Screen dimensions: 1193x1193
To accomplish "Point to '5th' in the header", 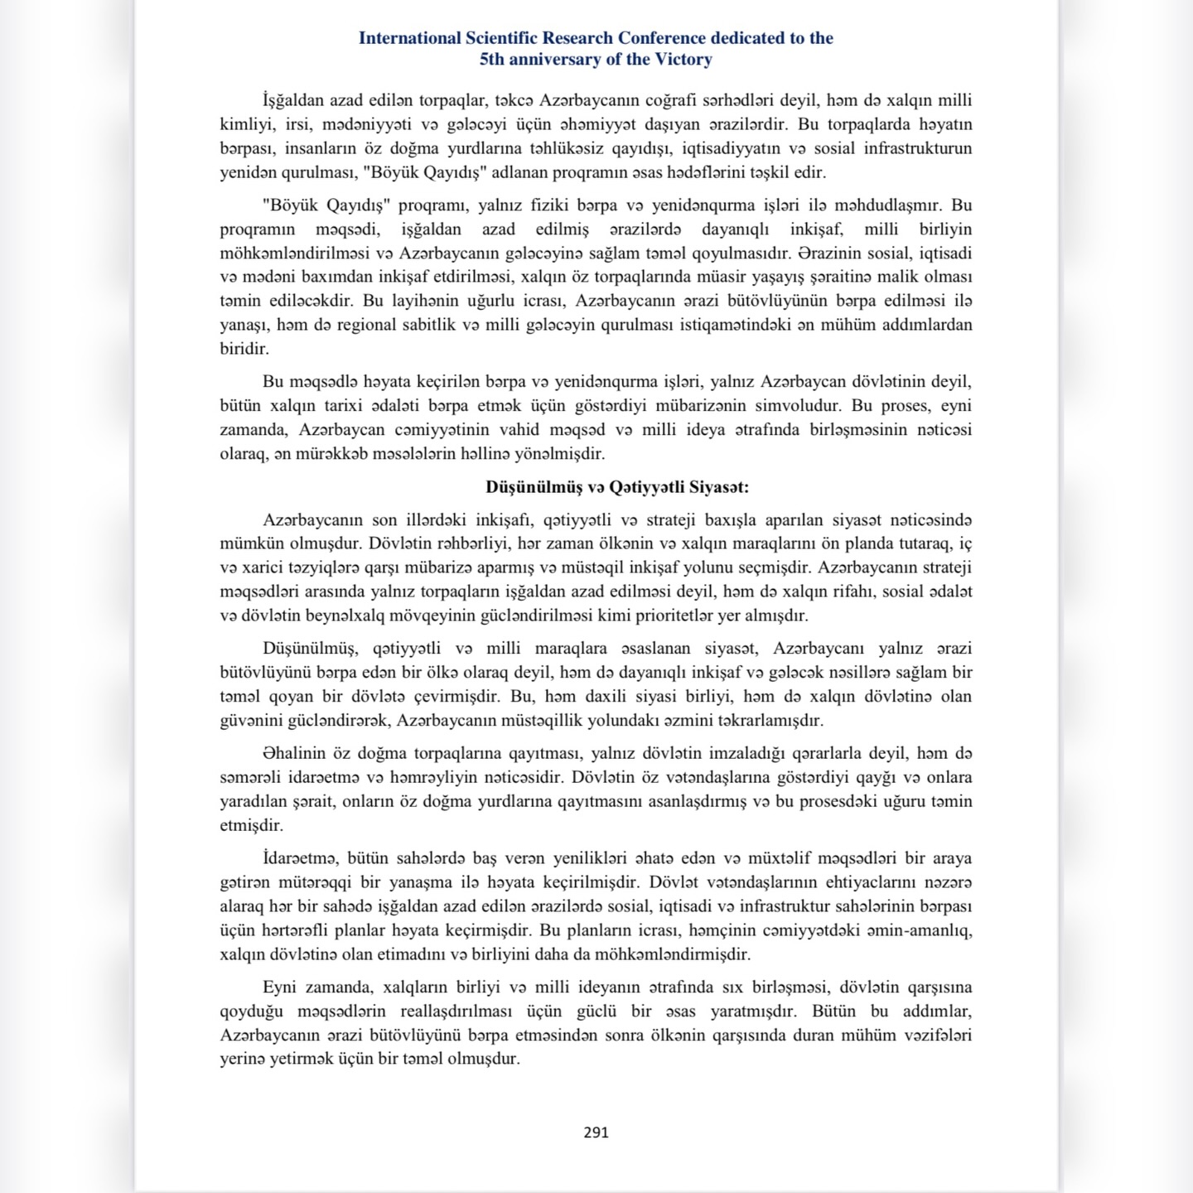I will click(x=493, y=60).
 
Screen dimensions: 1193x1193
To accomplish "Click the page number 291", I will click(x=596, y=1133).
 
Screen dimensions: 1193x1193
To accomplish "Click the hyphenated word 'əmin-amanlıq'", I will click(x=920, y=930).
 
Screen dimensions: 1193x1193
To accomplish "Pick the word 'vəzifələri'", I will click(x=935, y=1035).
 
